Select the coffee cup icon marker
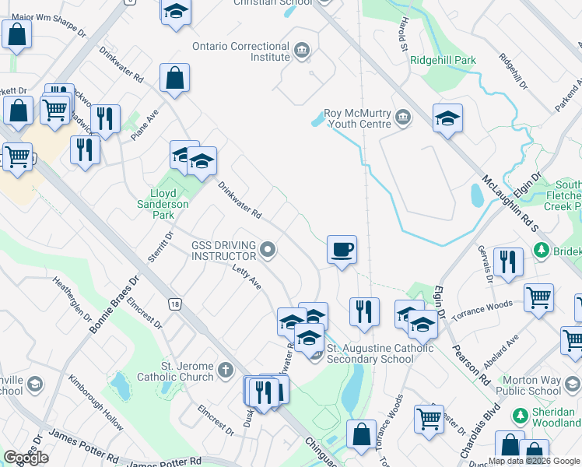[x=342, y=250]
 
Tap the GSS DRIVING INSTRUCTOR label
[x=224, y=251]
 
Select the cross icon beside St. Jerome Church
[x=226, y=370]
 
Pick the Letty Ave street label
[x=246, y=278]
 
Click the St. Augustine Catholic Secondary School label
[x=380, y=353]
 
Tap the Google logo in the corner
[x=26, y=458]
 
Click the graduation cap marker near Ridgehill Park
[x=447, y=118]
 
